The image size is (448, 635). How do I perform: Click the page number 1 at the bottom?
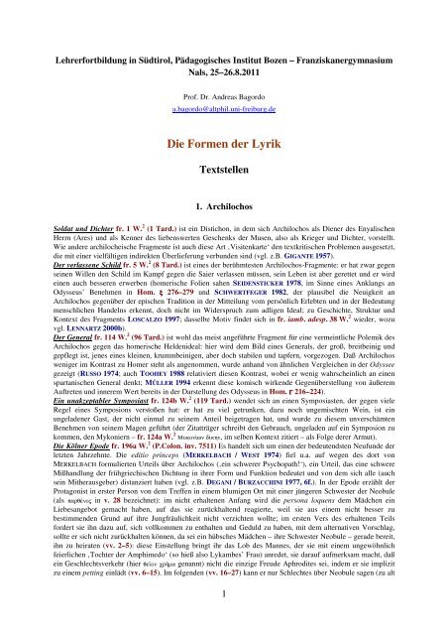(x=223, y=622)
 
